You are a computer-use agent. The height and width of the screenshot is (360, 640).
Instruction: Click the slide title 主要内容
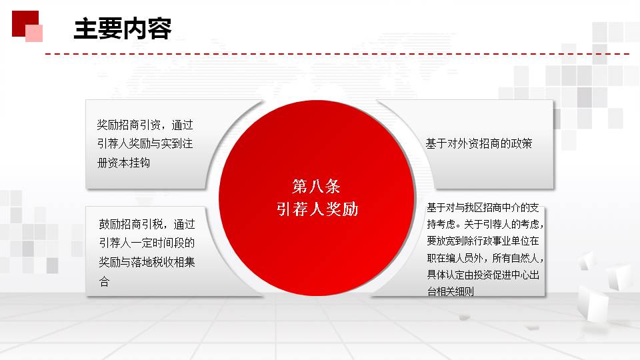click(x=123, y=29)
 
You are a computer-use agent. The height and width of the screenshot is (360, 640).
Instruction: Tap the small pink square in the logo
click(x=34, y=33)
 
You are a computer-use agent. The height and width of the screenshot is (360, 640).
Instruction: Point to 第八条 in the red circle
click(x=316, y=187)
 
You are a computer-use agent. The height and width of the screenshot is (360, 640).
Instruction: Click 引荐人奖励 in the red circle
click(x=317, y=209)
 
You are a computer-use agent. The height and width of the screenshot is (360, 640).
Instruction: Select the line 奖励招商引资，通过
click(x=145, y=125)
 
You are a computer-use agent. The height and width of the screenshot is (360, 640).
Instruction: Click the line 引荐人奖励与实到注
click(x=145, y=143)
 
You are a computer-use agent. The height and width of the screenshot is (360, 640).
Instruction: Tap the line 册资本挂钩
click(x=124, y=163)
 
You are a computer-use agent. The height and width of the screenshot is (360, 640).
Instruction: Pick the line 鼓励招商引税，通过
click(x=147, y=224)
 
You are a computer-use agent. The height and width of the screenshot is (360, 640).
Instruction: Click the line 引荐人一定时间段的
click(x=147, y=243)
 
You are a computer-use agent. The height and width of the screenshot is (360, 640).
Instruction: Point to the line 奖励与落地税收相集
click(x=147, y=261)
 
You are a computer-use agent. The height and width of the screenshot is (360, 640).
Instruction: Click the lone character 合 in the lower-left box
click(x=104, y=281)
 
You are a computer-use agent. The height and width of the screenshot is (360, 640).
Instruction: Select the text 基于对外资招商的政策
click(x=479, y=143)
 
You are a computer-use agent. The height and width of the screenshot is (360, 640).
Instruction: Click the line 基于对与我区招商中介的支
click(x=483, y=208)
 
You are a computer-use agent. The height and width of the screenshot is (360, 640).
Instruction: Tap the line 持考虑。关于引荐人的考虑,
click(x=485, y=224)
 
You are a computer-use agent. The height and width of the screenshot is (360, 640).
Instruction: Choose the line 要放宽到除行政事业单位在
click(x=483, y=241)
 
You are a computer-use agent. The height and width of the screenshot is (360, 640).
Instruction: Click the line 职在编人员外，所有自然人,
click(x=485, y=258)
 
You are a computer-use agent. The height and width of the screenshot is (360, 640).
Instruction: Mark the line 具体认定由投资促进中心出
click(x=483, y=275)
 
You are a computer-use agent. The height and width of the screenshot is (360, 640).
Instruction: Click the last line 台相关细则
click(x=450, y=291)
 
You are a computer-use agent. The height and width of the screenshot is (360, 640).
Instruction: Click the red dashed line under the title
click(x=337, y=54)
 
